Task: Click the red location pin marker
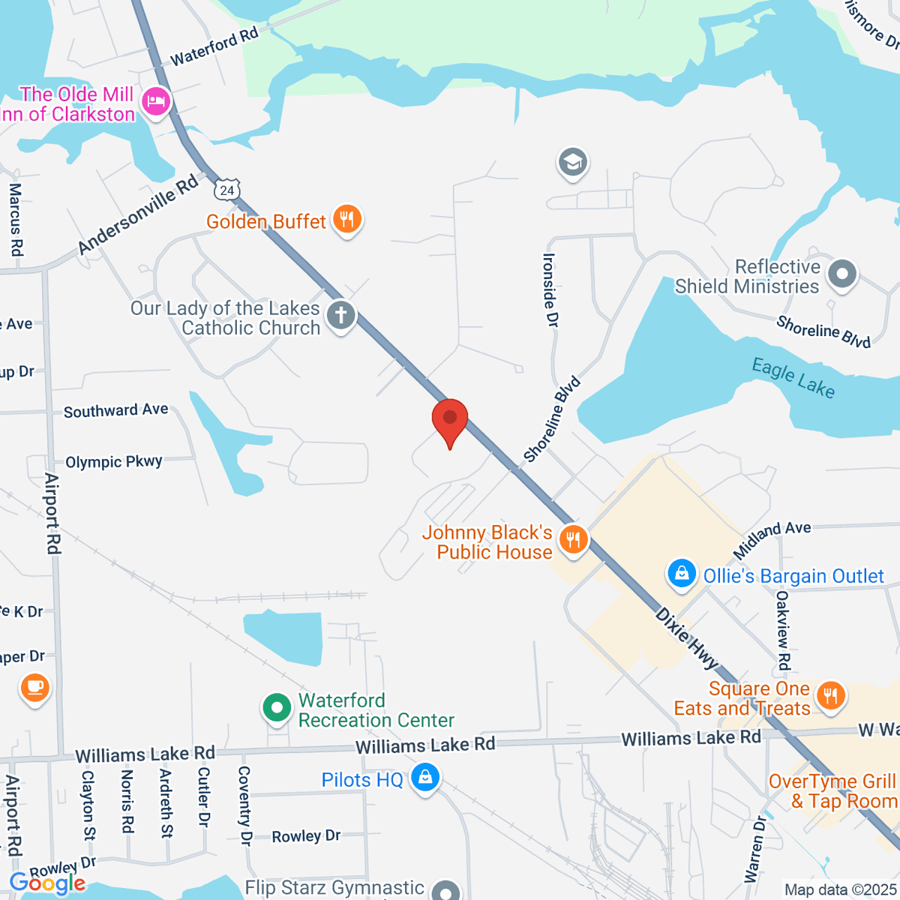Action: (x=450, y=418)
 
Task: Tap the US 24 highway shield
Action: (x=227, y=190)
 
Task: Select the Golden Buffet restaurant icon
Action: (x=346, y=220)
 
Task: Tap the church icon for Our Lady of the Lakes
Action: (x=340, y=315)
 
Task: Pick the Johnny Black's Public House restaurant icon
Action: (x=574, y=538)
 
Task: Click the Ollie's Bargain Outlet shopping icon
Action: (x=682, y=574)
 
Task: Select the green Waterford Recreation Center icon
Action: (x=277, y=708)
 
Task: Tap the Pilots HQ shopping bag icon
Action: (x=425, y=778)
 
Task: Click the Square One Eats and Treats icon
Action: (x=830, y=696)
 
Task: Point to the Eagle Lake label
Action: (x=793, y=378)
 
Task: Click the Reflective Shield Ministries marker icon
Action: (x=842, y=274)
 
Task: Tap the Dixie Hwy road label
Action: (x=686, y=637)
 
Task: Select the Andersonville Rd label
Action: (x=139, y=214)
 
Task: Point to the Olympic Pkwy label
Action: (x=114, y=462)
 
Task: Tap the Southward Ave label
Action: (x=116, y=411)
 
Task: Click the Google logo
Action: (x=47, y=883)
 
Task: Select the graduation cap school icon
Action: (x=573, y=162)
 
